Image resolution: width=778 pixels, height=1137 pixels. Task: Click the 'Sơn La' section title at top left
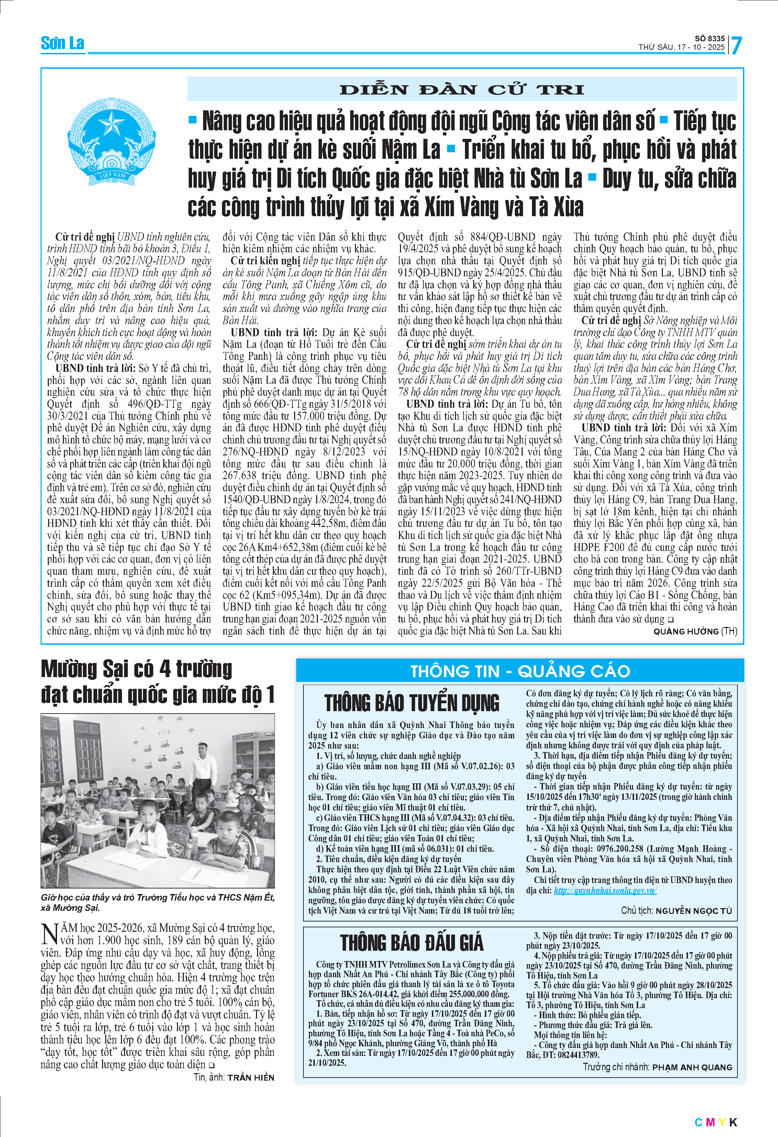[62, 44]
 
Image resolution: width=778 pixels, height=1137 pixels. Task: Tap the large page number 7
[736, 45]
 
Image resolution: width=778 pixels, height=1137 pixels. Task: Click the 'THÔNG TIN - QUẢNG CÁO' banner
[520, 671]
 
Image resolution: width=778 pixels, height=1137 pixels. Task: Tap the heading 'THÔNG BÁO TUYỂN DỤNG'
[412, 703]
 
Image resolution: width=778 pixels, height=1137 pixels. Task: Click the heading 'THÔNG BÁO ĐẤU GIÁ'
[412, 942]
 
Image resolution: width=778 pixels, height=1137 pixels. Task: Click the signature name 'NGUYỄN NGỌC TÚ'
[693, 910]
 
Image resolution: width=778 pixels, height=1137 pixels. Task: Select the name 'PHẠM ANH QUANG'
[692, 1067]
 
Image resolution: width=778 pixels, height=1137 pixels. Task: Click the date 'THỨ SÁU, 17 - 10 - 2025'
[681, 47]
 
